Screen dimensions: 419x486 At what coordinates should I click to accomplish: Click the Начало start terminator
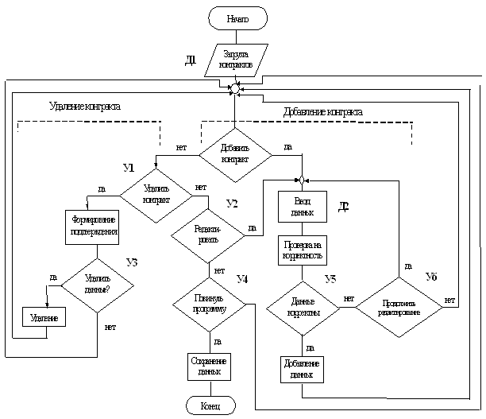237,17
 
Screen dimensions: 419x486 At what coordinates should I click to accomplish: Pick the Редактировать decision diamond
210,234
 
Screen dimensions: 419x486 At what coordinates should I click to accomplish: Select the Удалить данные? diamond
97,284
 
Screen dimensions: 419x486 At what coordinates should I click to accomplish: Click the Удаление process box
44,316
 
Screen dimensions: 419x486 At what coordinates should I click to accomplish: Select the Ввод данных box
302,208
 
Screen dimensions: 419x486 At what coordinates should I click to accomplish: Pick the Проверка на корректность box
302,250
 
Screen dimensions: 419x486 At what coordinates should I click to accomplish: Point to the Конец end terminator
210,406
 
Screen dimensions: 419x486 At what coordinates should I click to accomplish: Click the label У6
431,276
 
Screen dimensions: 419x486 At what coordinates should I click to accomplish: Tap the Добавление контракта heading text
323,112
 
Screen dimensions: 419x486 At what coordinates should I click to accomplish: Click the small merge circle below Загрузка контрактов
236,89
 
